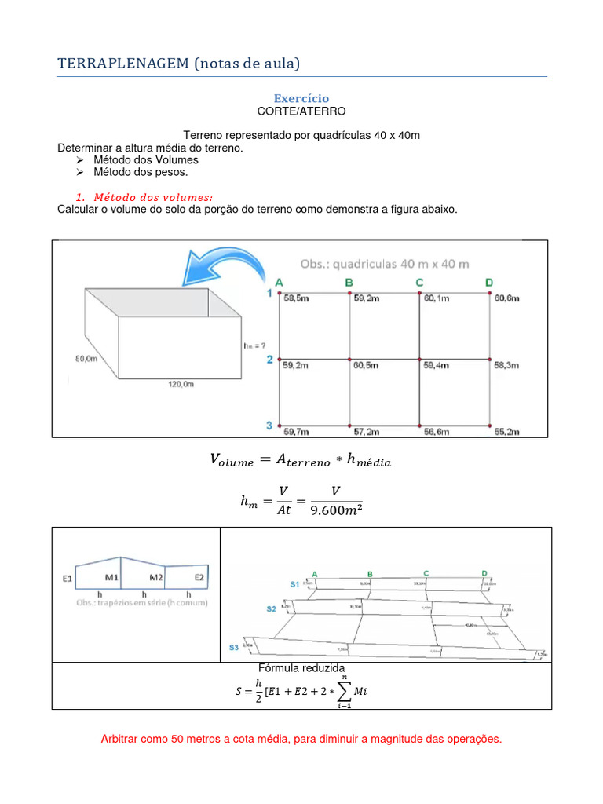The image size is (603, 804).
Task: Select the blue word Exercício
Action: tap(301, 98)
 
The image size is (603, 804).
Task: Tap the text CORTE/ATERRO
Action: tap(301, 111)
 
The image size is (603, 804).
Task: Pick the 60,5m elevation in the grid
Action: tap(366, 366)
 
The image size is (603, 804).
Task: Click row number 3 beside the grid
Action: tap(269, 426)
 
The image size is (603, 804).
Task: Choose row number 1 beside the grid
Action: tap(269, 294)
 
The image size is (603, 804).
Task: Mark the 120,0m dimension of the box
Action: tap(179, 385)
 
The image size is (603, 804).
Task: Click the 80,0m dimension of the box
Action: tap(86, 359)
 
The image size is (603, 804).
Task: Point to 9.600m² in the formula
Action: tap(337, 510)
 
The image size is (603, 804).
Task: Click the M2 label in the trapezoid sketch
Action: tap(156, 578)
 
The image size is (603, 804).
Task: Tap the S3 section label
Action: tap(234, 648)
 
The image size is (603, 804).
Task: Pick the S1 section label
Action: tap(294, 584)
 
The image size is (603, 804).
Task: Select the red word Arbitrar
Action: tap(122, 740)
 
